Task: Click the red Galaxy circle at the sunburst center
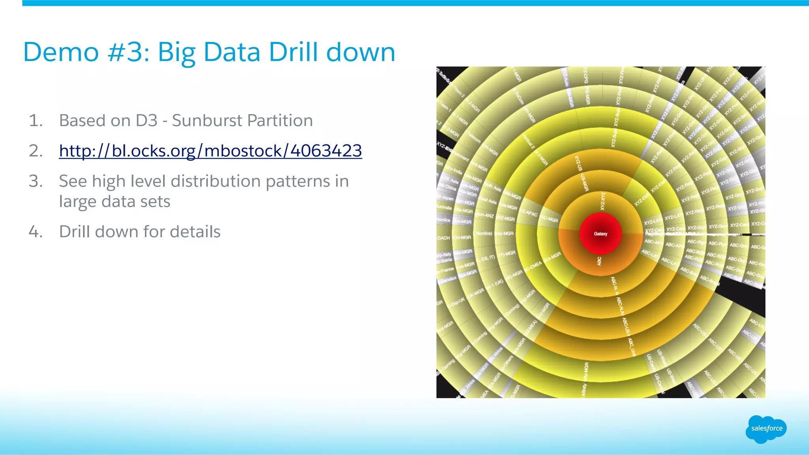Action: click(600, 234)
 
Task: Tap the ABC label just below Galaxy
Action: click(599, 261)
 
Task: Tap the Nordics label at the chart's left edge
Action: click(443, 220)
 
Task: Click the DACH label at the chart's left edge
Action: click(444, 238)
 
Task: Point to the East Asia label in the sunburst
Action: click(488, 200)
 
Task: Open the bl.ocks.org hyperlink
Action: click(210, 151)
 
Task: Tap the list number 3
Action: click(35, 181)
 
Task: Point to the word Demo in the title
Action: click(61, 52)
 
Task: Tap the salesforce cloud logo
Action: click(766, 429)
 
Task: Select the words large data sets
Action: click(115, 202)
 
